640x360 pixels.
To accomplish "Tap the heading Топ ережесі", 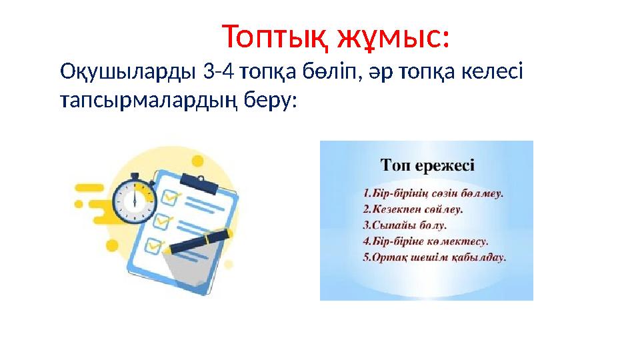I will click(427, 164).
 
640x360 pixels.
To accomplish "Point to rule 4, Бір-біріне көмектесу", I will click(426, 239).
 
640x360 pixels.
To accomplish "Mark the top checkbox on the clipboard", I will click(173, 196).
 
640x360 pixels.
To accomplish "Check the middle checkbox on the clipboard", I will click(163, 220).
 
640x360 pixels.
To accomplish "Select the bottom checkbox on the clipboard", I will click(155, 245).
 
